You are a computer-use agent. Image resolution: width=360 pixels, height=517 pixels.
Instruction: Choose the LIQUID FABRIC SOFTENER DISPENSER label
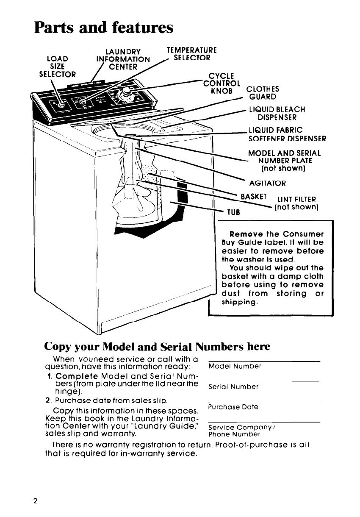click(288, 133)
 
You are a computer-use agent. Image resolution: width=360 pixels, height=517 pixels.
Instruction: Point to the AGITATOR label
click(268, 183)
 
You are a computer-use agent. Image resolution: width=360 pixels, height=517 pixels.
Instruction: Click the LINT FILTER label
click(296, 203)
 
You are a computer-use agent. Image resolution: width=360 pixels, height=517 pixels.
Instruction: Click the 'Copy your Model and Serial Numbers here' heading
click(157, 346)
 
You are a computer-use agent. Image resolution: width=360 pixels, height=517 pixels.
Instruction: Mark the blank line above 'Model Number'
click(264, 361)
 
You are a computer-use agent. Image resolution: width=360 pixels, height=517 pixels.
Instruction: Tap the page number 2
click(36, 500)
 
